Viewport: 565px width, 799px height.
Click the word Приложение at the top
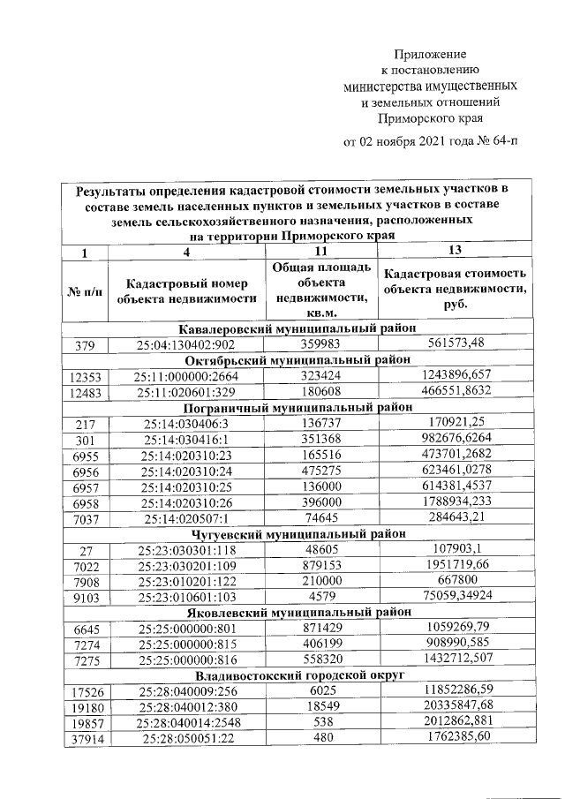429,54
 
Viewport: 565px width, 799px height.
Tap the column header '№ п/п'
85,292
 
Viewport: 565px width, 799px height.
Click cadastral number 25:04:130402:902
186,344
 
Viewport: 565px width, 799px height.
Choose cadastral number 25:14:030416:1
186,440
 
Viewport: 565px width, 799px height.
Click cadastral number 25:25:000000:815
186,643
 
